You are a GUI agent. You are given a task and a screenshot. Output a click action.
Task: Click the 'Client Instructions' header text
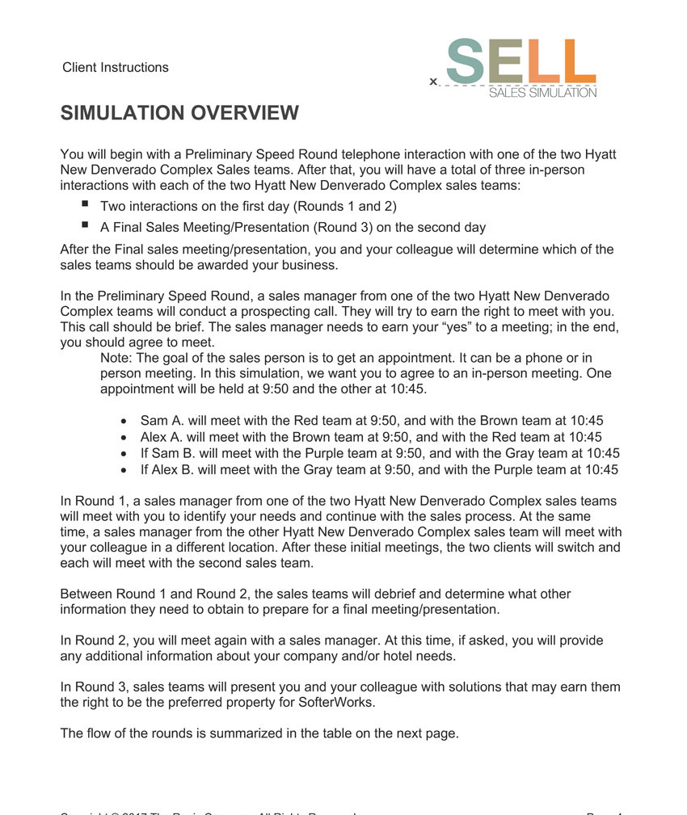click(x=116, y=68)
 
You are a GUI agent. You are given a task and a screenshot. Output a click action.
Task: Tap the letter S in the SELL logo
click(x=466, y=61)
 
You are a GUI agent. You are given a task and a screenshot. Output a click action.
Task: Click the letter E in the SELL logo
click(x=504, y=61)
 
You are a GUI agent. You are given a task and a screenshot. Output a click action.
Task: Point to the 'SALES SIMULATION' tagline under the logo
click(x=543, y=93)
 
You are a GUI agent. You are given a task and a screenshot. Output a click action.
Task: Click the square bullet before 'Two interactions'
click(x=86, y=205)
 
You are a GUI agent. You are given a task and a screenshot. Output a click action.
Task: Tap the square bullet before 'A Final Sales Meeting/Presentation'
click(x=86, y=226)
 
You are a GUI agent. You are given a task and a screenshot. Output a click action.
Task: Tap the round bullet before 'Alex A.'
click(x=124, y=437)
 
